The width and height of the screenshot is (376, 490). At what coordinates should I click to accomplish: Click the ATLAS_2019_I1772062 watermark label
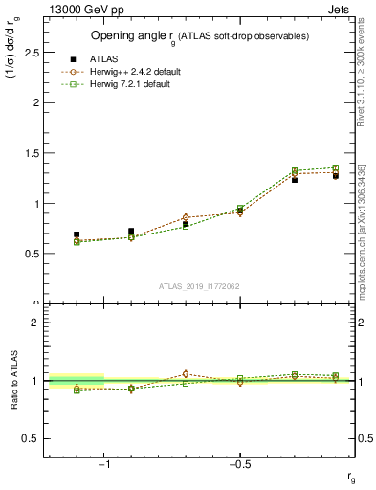pos(200,285)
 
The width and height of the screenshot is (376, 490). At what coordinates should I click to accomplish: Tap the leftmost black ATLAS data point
pos(77,234)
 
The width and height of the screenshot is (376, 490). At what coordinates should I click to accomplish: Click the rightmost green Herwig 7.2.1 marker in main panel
pos(334,168)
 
